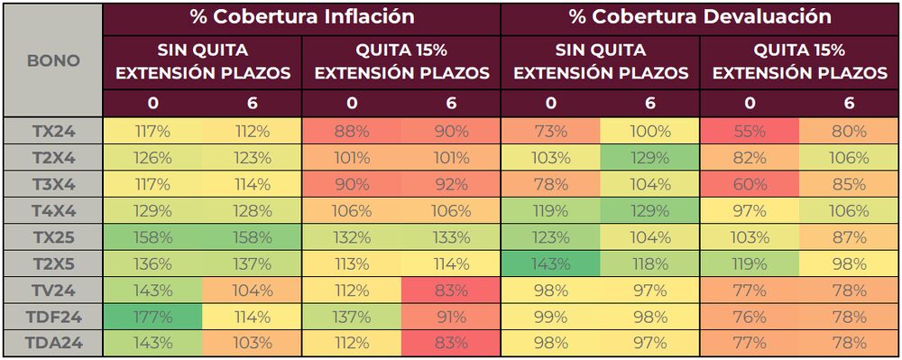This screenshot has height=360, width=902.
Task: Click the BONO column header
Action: [x=52, y=61]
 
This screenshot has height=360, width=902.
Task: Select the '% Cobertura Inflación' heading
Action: [x=302, y=17]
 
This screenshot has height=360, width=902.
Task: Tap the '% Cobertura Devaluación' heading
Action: [x=700, y=17]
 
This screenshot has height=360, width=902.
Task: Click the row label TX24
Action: [x=52, y=131]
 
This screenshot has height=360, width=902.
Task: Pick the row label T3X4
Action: [x=52, y=185]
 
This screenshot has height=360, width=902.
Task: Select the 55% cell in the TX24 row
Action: [x=750, y=131]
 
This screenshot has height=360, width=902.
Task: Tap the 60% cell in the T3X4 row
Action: [x=750, y=185]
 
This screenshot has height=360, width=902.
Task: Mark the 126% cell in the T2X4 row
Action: [x=153, y=158]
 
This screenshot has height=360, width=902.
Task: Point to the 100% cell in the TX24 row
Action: [x=650, y=131]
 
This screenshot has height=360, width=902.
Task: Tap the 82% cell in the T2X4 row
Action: [x=750, y=158]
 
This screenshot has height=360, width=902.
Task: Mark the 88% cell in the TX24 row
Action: [x=352, y=131]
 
